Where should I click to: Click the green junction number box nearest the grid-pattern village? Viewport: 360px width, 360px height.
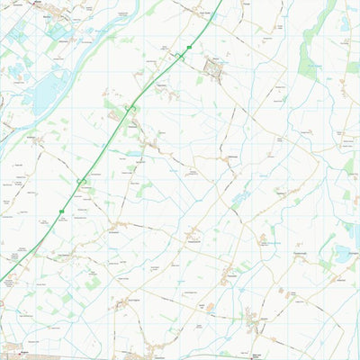pyautogui.click(x=189, y=48)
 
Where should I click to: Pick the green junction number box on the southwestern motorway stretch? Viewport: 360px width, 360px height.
pyautogui.click(x=61, y=211)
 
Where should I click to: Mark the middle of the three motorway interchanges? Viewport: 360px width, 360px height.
pyautogui.click(x=130, y=110)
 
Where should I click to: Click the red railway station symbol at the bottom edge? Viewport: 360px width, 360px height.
pyautogui.click(x=255, y=355)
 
